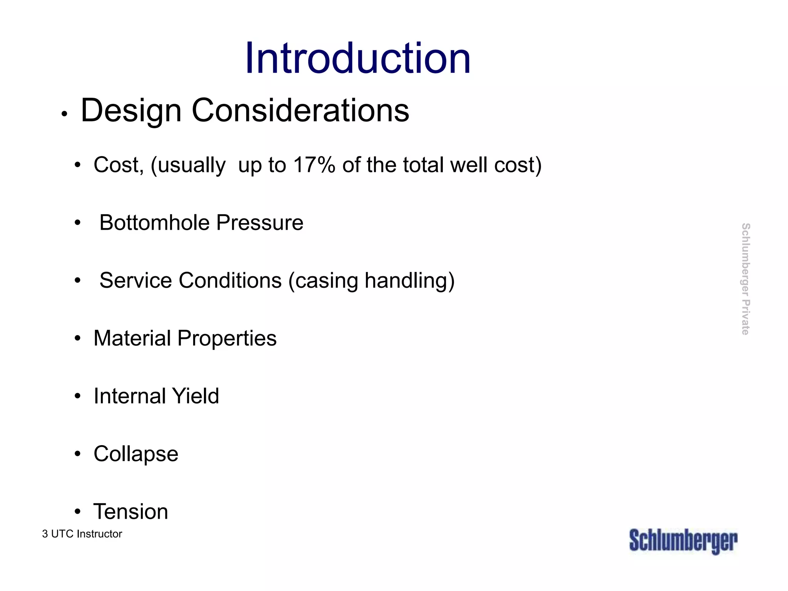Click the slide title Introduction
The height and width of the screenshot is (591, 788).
pyautogui.click(x=358, y=58)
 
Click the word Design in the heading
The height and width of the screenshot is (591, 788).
pyautogui.click(x=131, y=111)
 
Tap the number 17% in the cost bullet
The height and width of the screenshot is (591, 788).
pyautogui.click(x=314, y=165)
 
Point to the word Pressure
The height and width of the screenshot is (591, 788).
pyautogui.click(x=260, y=223)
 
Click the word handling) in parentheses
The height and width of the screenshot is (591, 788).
pyautogui.click(x=409, y=280)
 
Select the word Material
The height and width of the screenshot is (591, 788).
pyautogui.click(x=132, y=339)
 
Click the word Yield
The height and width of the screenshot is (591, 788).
pyautogui.click(x=195, y=396)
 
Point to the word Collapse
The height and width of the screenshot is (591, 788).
pyautogui.click(x=136, y=454)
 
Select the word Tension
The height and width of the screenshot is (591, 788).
pyautogui.click(x=131, y=512)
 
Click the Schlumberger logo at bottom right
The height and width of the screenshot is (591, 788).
pyautogui.click(x=683, y=541)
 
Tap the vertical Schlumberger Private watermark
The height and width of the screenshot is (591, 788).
pyautogui.click(x=745, y=279)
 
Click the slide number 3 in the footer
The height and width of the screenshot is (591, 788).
pyautogui.click(x=45, y=534)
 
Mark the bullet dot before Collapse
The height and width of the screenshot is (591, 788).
pyautogui.click(x=78, y=454)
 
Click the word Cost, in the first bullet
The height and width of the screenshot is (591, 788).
pyautogui.click(x=119, y=165)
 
